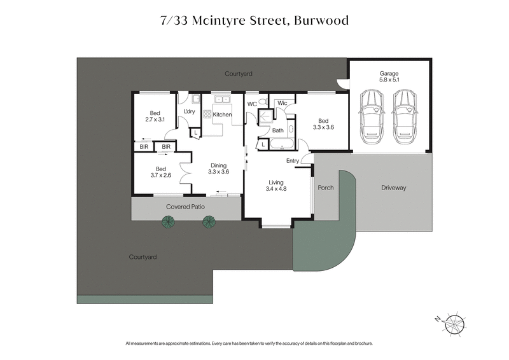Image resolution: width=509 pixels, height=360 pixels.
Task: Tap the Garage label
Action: [389, 74]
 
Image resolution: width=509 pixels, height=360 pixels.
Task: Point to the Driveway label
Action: [393, 188]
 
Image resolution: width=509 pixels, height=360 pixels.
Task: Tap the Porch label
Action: [325, 188]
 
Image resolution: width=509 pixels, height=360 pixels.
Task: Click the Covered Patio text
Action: [185, 207]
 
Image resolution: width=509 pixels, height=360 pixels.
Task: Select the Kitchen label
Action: [222, 114]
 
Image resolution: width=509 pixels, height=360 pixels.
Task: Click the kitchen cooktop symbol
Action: [207, 114]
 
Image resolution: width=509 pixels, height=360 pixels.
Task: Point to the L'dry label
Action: [189, 112]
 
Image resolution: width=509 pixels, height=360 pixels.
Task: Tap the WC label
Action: [251, 104]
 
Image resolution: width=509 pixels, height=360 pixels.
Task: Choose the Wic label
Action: [282, 103]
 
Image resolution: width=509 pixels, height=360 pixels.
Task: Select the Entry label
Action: [293, 160]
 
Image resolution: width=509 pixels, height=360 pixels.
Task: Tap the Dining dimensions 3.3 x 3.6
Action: [218, 171]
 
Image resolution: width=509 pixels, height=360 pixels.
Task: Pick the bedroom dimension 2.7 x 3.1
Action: [155, 119]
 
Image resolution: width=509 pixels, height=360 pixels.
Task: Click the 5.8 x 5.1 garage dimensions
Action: [389, 81]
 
